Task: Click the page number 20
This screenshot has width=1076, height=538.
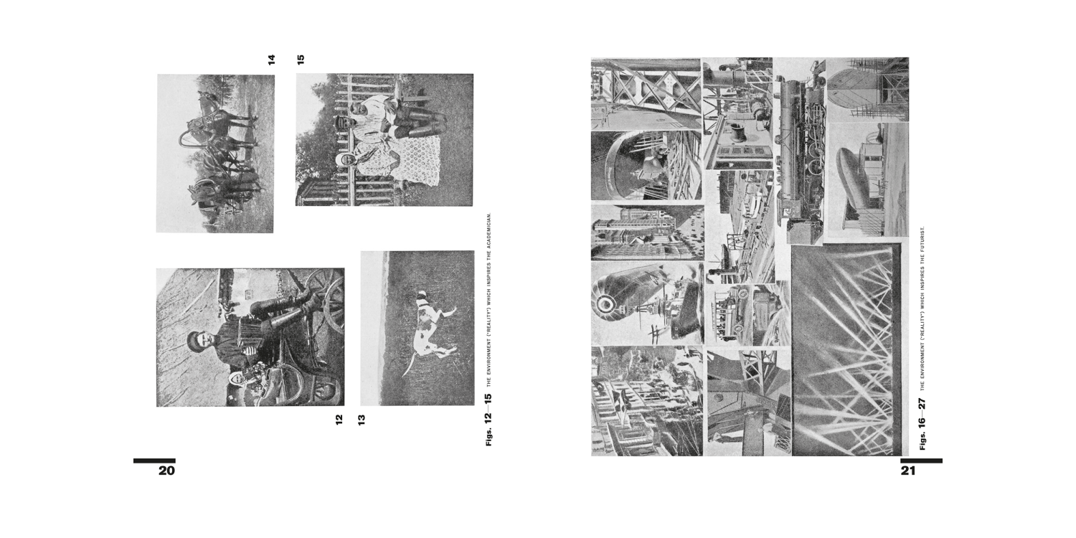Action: [x=166, y=471]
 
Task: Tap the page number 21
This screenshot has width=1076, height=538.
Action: [x=908, y=471]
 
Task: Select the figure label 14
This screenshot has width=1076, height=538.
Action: [x=271, y=60]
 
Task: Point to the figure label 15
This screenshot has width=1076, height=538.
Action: [x=301, y=60]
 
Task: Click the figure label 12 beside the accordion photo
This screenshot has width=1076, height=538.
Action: [x=339, y=420]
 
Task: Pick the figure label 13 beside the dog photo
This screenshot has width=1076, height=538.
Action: [x=362, y=420]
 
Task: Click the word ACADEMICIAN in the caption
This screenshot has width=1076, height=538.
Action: [x=489, y=230]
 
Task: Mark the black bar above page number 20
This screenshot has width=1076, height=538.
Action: [x=154, y=461]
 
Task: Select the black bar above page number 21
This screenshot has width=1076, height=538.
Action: [x=921, y=461]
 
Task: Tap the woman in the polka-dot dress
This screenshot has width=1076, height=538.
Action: [x=379, y=164]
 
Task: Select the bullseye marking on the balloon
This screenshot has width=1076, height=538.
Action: [x=604, y=303]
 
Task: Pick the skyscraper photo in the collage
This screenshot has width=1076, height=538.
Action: [x=647, y=232]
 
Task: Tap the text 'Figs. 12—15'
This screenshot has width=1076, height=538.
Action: [x=489, y=420]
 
